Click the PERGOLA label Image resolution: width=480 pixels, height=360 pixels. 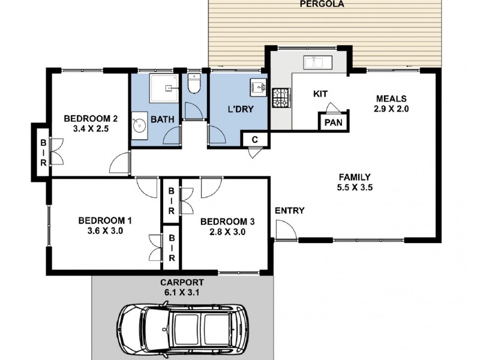(x=322, y=4)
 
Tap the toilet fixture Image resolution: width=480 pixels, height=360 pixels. (x=194, y=83)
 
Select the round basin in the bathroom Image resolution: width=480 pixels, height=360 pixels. (x=140, y=125)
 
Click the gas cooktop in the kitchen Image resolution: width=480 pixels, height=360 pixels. (x=281, y=98)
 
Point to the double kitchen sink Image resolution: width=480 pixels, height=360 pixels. (x=318, y=62)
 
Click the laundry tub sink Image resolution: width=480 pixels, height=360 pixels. (x=259, y=86)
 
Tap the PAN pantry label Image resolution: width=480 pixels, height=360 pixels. (x=334, y=123)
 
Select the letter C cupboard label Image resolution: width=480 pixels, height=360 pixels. (x=254, y=140)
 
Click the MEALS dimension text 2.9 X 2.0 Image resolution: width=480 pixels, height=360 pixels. (x=391, y=109)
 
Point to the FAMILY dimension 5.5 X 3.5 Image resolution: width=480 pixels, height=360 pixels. (x=355, y=187)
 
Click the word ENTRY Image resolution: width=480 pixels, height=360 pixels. (x=290, y=211)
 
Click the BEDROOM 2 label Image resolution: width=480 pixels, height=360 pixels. (x=91, y=118)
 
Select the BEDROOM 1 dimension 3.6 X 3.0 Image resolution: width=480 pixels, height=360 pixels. (x=105, y=231)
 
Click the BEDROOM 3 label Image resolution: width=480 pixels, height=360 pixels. (x=227, y=221)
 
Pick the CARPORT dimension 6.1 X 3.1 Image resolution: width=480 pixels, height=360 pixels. (x=182, y=293)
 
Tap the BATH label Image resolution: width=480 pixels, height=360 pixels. (x=163, y=119)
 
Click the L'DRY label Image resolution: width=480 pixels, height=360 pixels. (x=241, y=109)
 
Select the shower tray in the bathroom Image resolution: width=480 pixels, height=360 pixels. (x=164, y=88)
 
